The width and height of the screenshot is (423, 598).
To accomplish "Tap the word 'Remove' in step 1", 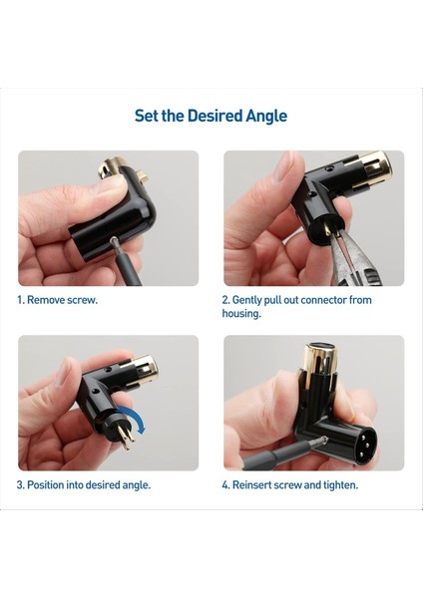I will click(x=48, y=299).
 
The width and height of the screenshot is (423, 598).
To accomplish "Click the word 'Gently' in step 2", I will click(x=252, y=299).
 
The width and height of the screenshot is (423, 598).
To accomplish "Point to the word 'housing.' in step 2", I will click(x=241, y=313).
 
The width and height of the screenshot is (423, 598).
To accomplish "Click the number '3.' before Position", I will click(x=20, y=484).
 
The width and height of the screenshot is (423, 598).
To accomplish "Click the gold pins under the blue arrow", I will click(x=119, y=434).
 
